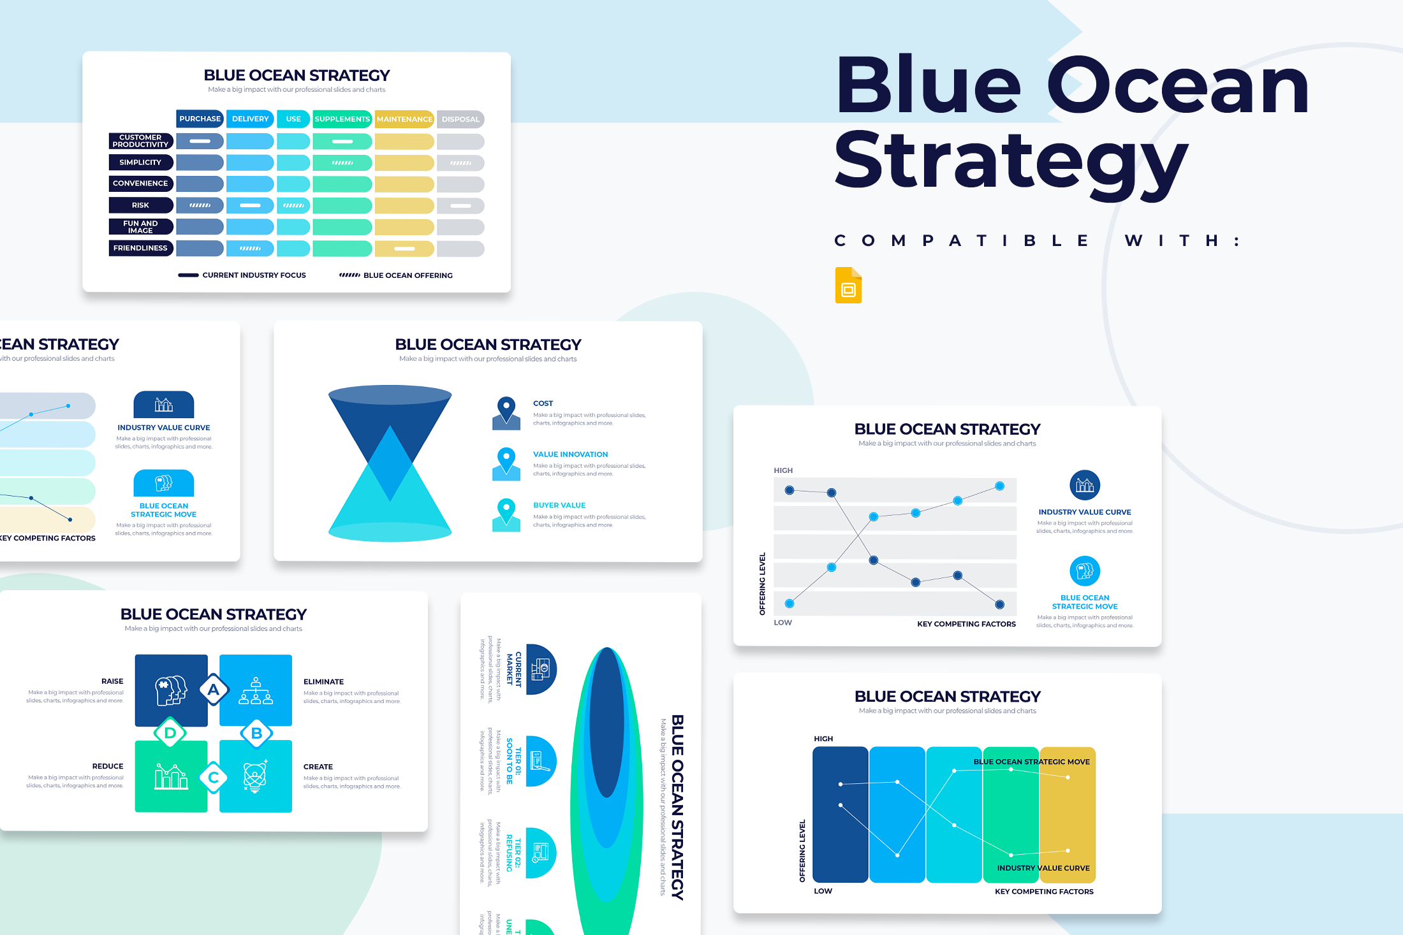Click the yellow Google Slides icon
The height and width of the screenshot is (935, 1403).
tap(848, 285)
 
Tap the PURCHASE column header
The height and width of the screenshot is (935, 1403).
tap(200, 119)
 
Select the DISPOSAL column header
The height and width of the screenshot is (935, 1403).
tap(460, 119)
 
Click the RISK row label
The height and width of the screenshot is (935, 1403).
tap(140, 205)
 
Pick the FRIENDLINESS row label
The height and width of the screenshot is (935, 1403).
tap(140, 248)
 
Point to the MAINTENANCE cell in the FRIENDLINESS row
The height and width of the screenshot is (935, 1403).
tap(404, 249)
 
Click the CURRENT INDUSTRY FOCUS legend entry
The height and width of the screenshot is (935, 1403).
tap(242, 275)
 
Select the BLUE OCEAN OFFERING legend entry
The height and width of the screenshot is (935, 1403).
tap(397, 275)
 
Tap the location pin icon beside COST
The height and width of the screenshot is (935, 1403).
tap(506, 412)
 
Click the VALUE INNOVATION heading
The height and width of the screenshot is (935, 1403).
tap(570, 454)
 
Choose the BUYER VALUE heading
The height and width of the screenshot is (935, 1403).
tap(559, 505)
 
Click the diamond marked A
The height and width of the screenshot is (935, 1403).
tap(214, 690)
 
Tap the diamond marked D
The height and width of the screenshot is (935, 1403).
tap(170, 733)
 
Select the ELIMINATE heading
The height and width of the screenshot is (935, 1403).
tap(323, 682)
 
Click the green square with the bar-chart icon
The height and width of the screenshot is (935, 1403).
tap(171, 776)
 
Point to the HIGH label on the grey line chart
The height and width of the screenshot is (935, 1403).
tap(783, 470)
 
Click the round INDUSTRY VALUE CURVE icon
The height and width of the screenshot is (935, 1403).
tap(1084, 486)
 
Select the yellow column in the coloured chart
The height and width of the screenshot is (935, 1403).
tap(1068, 815)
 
